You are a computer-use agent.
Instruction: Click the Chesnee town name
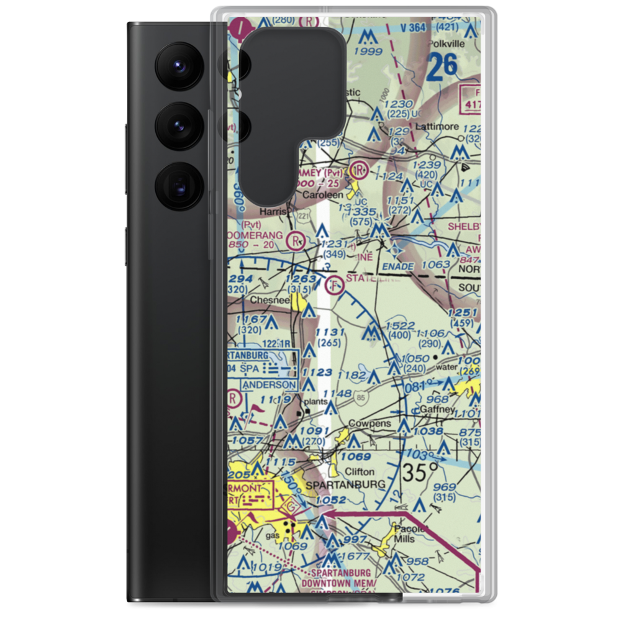268,300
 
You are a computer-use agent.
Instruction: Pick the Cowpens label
369,424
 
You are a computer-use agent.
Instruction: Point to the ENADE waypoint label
397,266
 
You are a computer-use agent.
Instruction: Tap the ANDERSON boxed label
269,384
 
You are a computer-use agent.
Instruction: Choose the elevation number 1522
400,326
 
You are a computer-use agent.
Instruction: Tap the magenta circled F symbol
333,285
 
